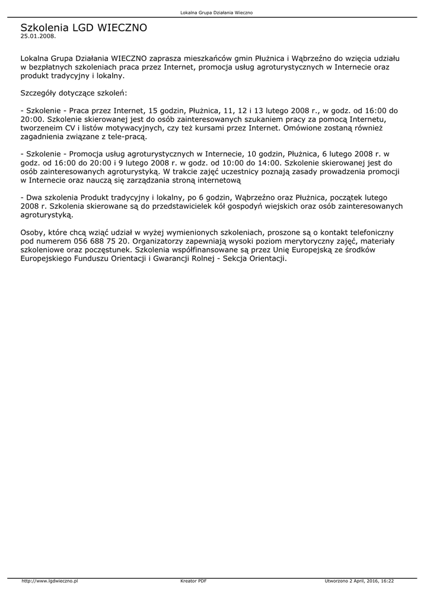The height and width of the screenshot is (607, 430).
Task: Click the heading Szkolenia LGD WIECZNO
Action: click(x=84, y=27)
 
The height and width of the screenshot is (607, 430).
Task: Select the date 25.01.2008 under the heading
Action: click(x=38, y=36)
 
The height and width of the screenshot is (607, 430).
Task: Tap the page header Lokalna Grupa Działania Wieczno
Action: click(x=216, y=12)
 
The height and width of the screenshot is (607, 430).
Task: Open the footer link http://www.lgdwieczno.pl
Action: click(x=50, y=581)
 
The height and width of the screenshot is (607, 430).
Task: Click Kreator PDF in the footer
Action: click(x=193, y=581)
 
